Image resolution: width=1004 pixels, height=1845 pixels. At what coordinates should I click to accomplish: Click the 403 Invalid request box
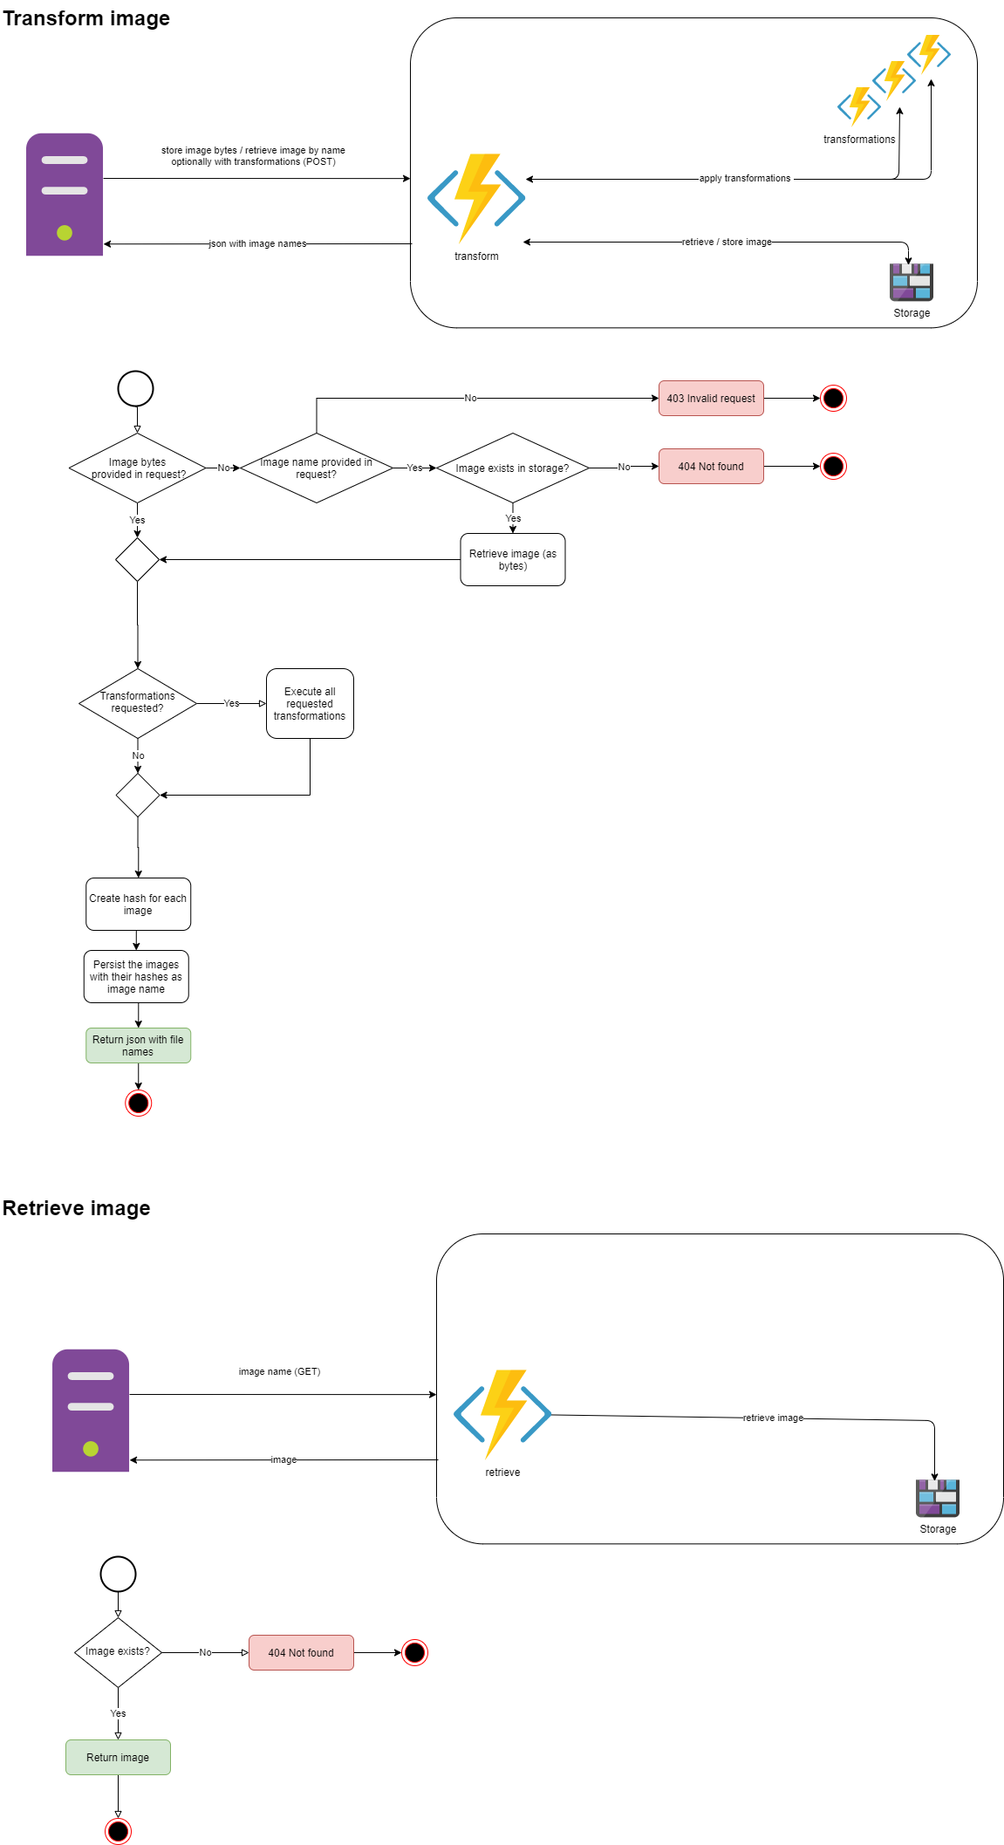tap(711, 399)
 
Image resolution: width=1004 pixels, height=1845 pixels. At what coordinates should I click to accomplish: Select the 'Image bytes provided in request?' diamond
tap(138, 468)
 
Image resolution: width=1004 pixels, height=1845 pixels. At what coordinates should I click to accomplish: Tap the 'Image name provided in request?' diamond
tap(316, 468)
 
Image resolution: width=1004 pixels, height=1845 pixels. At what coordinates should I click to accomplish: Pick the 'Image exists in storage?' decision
tap(512, 468)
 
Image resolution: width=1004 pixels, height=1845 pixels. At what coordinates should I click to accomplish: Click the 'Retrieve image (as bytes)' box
tap(513, 560)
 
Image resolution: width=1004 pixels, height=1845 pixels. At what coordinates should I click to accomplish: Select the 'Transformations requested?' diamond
tap(138, 703)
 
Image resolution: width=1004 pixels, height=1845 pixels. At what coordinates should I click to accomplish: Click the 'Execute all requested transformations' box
tap(310, 704)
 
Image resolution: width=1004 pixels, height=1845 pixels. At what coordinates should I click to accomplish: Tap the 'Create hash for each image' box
tap(138, 905)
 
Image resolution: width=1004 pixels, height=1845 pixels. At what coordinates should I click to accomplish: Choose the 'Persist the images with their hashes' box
tap(136, 977)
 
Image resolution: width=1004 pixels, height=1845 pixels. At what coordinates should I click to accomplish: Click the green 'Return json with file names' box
tap(138, 1046)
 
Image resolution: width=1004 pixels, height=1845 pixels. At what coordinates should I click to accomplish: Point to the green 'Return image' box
tap(118, 1758)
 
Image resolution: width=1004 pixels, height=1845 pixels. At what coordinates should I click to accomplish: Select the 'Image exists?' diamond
tap(118, 1652)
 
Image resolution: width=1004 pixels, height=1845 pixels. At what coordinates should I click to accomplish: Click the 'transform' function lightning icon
tap(476, 198)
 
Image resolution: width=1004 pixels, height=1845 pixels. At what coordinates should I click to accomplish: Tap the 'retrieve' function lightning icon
tap(502, 1413)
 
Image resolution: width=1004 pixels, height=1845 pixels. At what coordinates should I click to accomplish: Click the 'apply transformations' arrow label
tap(745, 179)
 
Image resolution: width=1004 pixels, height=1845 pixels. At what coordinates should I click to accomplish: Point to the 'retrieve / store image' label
tap(727, 243)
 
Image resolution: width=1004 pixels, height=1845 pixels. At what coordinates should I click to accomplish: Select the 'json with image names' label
tap(257, 244)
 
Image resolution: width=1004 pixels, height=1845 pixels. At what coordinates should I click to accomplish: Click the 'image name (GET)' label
tap(279, 1372)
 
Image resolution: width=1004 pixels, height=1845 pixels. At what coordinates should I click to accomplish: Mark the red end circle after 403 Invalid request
tap(833, 399)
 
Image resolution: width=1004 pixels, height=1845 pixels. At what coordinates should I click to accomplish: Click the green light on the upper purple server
tap(65, 233)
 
